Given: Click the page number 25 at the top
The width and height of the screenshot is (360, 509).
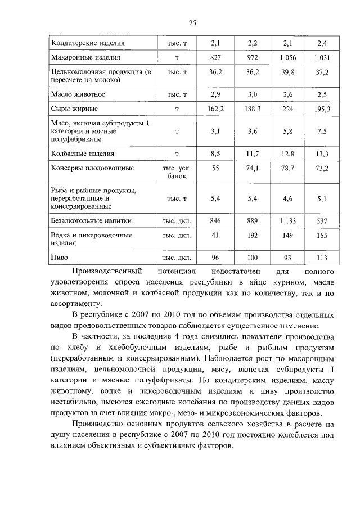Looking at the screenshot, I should [x=191, y=23].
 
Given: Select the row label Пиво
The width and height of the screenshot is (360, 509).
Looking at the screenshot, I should [x=60, y=258].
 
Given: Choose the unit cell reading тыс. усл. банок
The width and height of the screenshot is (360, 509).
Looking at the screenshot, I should [x=177, y=172].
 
